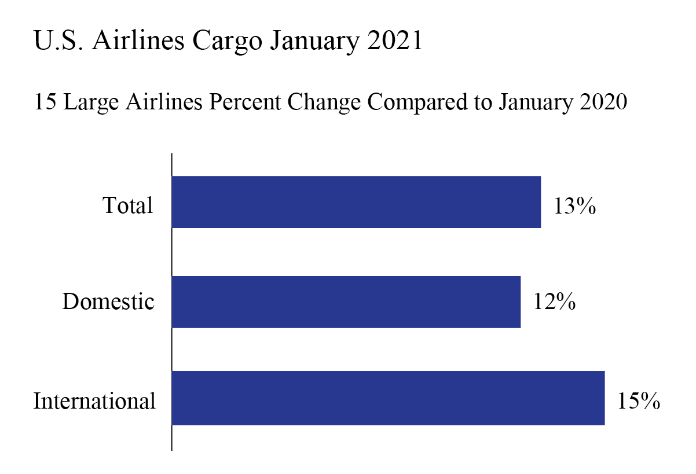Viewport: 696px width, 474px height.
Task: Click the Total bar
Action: pos(356,202)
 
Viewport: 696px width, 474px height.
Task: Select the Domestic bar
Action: pos(346,302)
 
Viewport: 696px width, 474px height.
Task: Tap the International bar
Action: pos(388,398)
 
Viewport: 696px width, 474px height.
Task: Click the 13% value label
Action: pos(574,207)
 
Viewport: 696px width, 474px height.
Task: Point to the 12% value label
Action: pos(554,302)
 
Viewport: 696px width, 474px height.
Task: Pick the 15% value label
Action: pos(638,401)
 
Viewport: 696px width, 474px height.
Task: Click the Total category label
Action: pos(128,205)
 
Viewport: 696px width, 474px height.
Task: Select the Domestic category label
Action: pos(108,302)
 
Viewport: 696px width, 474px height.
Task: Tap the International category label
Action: pos(94,401)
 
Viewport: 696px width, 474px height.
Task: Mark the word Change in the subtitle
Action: pos(325,104)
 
